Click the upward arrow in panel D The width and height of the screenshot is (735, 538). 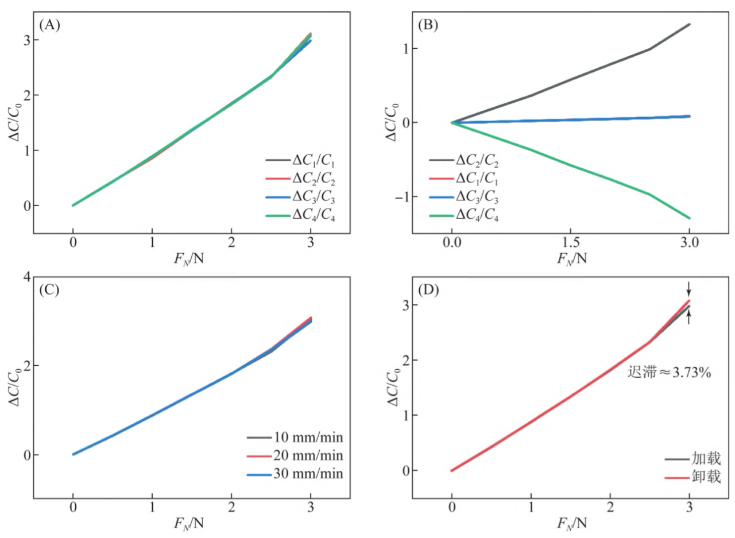[688, 316]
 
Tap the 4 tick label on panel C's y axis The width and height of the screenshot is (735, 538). [26, 277]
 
